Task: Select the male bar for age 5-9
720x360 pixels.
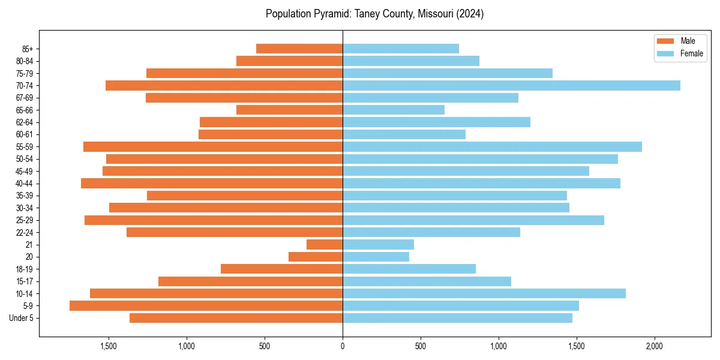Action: pyautogui.click(x=206, y=305)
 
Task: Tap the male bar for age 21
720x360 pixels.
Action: pyautogui.click(x=325, y=245)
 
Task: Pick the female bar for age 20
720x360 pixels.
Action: pyautogui.click(x=376, y=257)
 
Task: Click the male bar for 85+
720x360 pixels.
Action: pyautogui.click(x=299, y=49)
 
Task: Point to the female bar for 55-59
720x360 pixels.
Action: pyautogui.click(x=492, y=146)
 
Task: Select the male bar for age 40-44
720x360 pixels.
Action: pyautogui.click(x=212, y=183)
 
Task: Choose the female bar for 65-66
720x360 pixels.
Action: pyautogui.click(x=394, y=110)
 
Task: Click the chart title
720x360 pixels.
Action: pyautogui.click(x=374, y=14)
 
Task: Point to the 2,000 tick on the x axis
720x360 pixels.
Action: pyautogui.click(x=654, y=346)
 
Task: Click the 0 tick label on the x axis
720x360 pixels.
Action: pyautogui.click(x=343, y=346)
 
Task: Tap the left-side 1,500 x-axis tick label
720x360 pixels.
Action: pyautogui.click(x=109, y=346)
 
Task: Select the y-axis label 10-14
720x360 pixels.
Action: pyautogui.click(x=25, y=293)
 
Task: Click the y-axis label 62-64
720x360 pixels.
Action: pyautogui.click(x=25, y=122)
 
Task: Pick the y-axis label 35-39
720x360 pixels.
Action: pyautogui.click(x=25, y=196)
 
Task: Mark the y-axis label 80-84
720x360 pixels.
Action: pyautogui.click(x=25, y=61)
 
